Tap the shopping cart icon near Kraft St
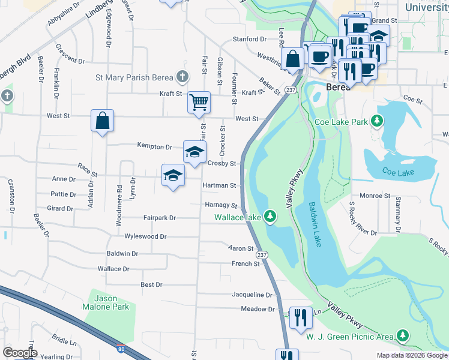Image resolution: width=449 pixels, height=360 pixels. tap(199, 101)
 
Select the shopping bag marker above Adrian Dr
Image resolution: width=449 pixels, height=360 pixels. tap(103, 120)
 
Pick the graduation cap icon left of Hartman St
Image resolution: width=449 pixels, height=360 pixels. tap(173, 175)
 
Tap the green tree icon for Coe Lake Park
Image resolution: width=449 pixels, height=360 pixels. tap(378, 122)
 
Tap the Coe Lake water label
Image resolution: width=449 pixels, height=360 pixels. tap(397, 173)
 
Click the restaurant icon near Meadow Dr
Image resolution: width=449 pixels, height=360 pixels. tap(301, 317)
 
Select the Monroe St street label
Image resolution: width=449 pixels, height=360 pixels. tap(375, 196)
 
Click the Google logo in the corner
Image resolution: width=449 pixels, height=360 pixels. tap(20, 352)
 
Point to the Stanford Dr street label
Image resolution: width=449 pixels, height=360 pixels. tap(250, 39)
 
